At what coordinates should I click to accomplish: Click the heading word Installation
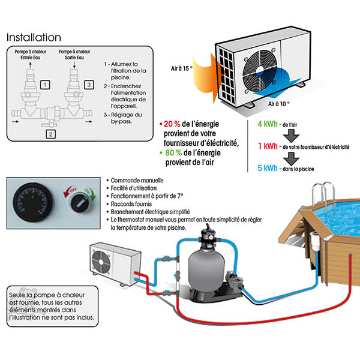click(x=34, y=37)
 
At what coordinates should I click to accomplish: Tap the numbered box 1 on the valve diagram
click(x=44, y=86)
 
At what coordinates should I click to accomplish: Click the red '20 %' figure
click(x=173, y=124)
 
